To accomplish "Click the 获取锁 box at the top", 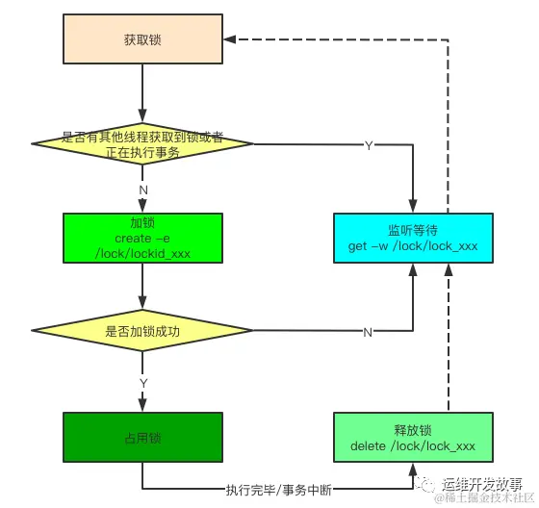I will tap(141, 39).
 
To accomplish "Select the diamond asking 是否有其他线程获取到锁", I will tap(141, 143).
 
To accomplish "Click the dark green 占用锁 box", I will tap(141, 438).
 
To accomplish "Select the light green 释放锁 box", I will tap(413, 438).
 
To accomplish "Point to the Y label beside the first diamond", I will tap(369, 146).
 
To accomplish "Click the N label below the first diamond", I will tap(143, 190).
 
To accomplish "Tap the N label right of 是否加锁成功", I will tap(368, 332).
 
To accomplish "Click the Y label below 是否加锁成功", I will tap(143, 383).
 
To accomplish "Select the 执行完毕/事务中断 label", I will tap(279, 490).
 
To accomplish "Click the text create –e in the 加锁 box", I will tap(141, 238).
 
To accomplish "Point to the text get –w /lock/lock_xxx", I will tap(413, 246).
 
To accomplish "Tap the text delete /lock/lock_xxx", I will tap(413, 446).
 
